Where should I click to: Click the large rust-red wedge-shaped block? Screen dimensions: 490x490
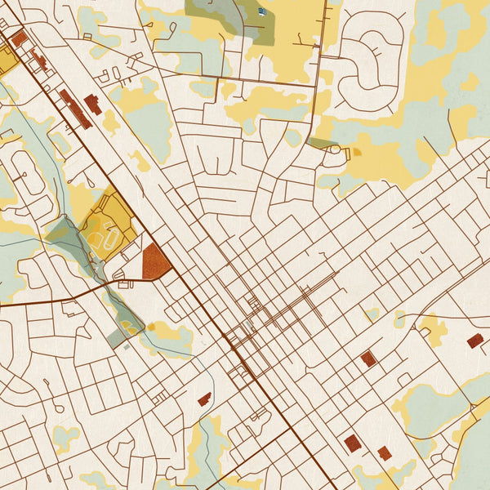[154, 263]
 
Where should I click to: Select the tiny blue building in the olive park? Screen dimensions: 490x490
[261, 11]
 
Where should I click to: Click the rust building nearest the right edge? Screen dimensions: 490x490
[474, 341]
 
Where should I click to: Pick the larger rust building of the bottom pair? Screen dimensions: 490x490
[352, 443]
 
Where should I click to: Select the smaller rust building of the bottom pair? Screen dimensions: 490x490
[384, 452]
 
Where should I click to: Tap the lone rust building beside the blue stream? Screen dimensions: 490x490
[203, 399]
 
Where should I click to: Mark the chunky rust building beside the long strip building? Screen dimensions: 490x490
[93, 104]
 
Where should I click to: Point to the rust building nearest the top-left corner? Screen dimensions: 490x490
[19, 38]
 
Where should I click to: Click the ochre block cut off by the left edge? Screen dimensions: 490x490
[7, 60]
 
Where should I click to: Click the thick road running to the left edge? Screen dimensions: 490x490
[49, 297]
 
